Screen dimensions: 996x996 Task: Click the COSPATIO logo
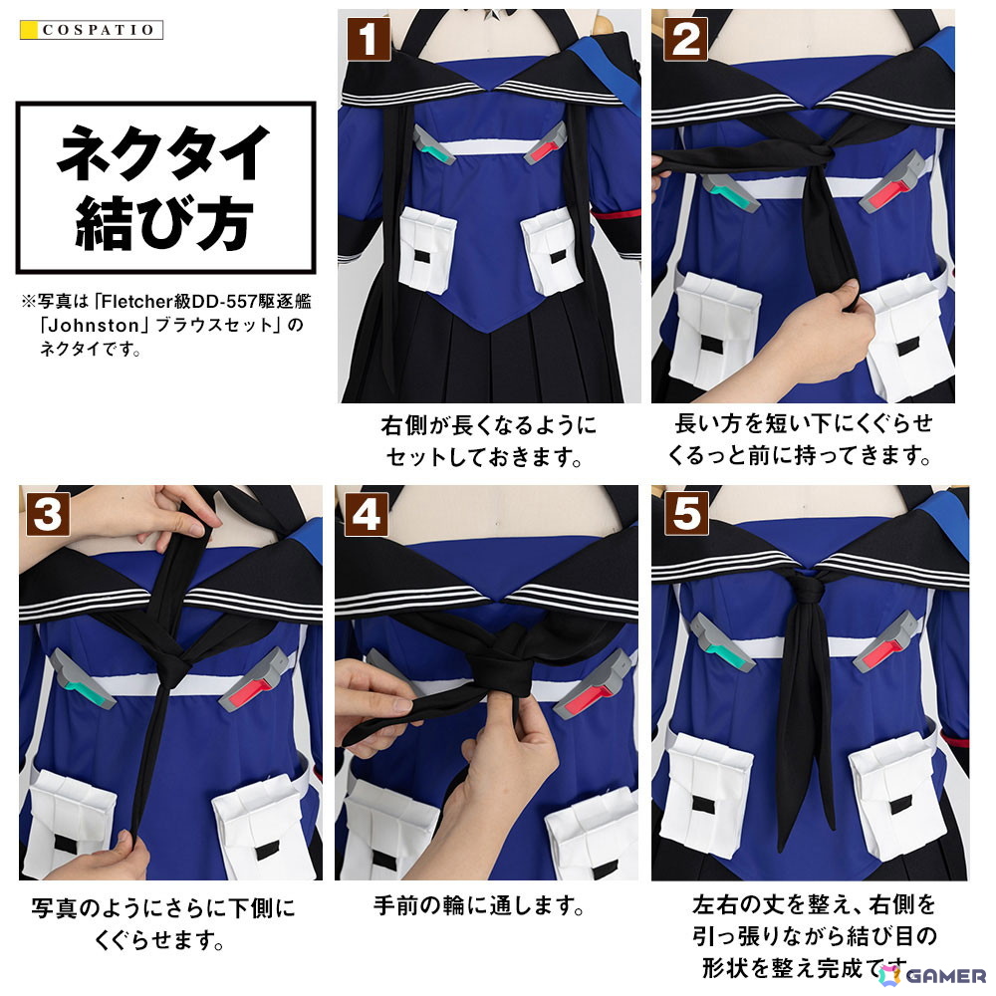[92, 30]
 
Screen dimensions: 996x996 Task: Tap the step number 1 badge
[369, 40]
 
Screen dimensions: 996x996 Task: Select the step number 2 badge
[685, 40]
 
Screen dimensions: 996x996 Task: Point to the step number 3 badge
[48, 514]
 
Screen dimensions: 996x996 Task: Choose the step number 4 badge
[367, 514]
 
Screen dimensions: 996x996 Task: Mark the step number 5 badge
[686, 514]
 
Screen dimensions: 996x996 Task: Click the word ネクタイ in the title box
[164, 152]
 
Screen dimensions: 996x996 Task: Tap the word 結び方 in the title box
[164, 222]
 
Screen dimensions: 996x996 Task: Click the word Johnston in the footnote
[94, 326]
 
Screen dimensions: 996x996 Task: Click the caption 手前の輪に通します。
[478, 905]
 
